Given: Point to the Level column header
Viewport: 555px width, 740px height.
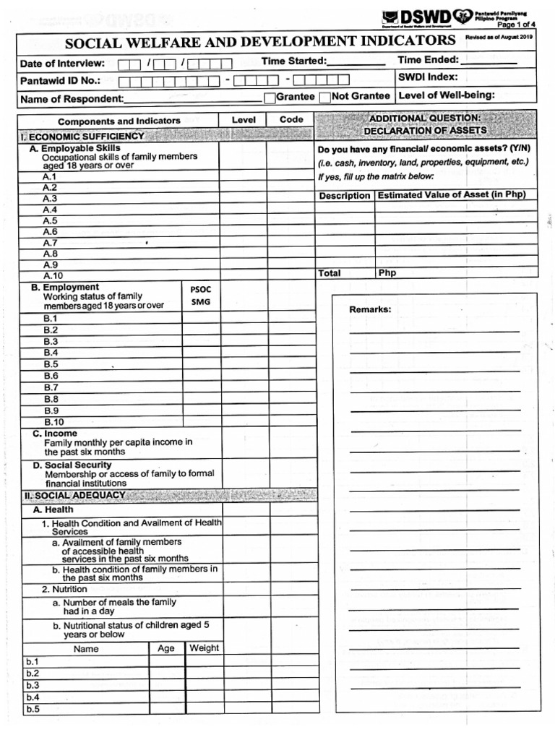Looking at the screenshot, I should pyautogui.click(x=244, y=120).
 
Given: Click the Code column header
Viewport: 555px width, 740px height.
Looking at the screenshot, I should pyautogui.click(x=291, y=120).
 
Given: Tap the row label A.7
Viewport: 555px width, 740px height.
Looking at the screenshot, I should pyautogui.click(x=50, y=243).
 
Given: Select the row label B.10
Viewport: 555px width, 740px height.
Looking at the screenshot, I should pyautogui.click(x=54, y=422).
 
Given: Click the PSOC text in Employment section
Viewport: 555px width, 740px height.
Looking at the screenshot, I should pyautogui.click(x=201, y=289).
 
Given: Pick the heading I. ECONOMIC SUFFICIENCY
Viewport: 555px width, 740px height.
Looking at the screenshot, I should pyautogui.click(x=82, y=136).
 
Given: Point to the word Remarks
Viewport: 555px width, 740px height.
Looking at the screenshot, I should pyautogui.click(x=370, y=309).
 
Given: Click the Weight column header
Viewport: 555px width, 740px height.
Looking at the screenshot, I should pyautogui.click(x=204, y=648).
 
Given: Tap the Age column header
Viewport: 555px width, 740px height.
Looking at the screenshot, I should pyautogui.click(x=166, y=648).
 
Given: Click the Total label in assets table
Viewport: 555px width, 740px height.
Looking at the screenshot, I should pyautogui.click(x=329, y=273).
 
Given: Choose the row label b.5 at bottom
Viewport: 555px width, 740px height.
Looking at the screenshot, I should pyautogui.click(x=33, y=709).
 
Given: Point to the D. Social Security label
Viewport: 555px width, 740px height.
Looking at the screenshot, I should pyautogui.click(x=72, y=465).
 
